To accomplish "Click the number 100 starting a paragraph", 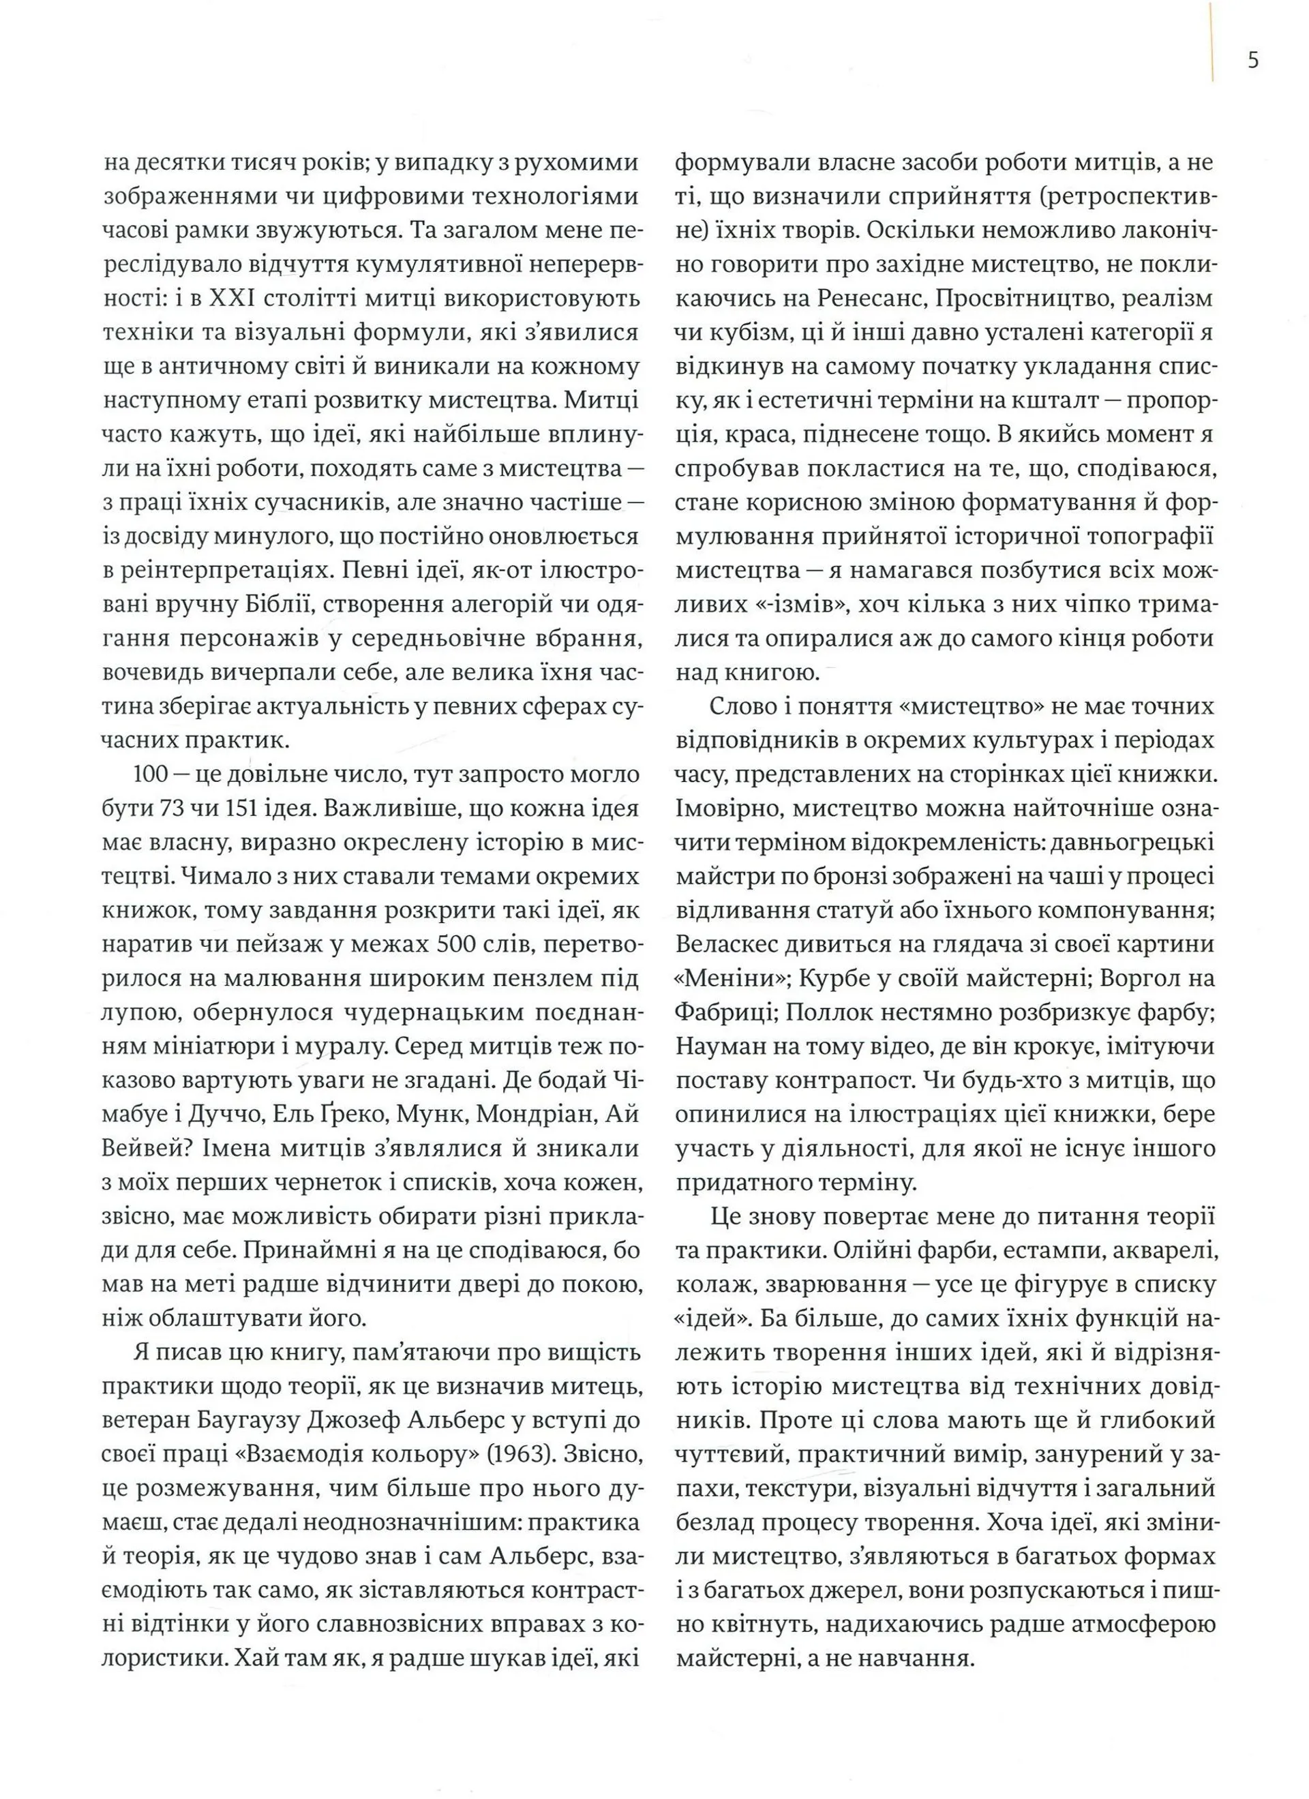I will click(152, 774).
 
